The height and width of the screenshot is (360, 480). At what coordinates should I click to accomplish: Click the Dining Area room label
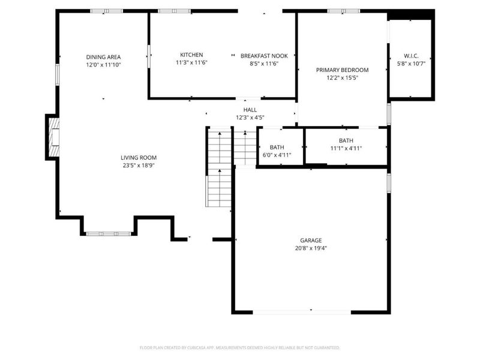click(x=103, y=57)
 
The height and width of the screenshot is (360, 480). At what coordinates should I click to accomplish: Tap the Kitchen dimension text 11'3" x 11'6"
click(x=191, y=62)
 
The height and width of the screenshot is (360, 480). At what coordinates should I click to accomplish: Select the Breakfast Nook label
click(x=260, y=55)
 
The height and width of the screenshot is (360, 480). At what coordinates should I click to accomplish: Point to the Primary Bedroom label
click(x=342, y=70)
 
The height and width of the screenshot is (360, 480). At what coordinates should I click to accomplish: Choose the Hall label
click(x=250, y=110)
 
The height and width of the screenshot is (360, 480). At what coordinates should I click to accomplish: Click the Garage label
click(x=311, y=240)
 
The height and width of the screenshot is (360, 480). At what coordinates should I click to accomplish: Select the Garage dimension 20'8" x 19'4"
click(x=311, y=248)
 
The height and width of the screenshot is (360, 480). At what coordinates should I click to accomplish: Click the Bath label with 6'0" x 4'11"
click(x=277, y=147)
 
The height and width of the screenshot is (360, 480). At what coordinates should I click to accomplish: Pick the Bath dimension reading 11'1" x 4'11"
click(x=346, y=148)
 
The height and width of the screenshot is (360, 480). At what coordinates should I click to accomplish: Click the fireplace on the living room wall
click(x=53, y=137)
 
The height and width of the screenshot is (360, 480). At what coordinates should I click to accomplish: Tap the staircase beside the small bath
click(x=220, y=168)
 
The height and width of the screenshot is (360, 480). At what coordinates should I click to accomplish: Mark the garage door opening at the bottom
click(x=311, y=311)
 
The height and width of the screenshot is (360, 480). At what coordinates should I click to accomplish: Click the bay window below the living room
click(x=108, y=233)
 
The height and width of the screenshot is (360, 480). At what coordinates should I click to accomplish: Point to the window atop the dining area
click(x=107, y=11)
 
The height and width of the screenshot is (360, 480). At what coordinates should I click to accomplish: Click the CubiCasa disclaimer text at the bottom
click(x=240, y=347)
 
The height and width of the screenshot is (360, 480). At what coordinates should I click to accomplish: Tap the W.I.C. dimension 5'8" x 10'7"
click(x=410, y=65)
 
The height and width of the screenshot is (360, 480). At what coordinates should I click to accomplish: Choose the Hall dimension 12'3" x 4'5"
click(x=250, y=118)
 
